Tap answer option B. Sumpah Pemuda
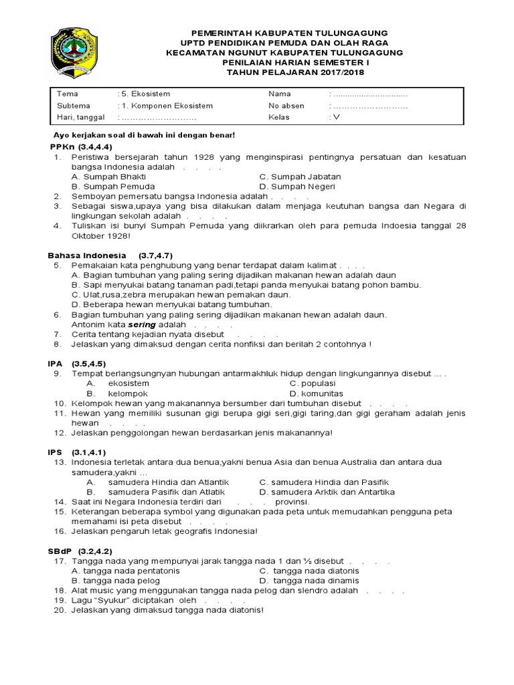pos(113,187)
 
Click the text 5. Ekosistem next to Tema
pos(141,94)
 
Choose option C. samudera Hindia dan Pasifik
pos(324,482)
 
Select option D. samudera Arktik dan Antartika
pos(327,492)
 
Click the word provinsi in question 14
pos(290,502)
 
